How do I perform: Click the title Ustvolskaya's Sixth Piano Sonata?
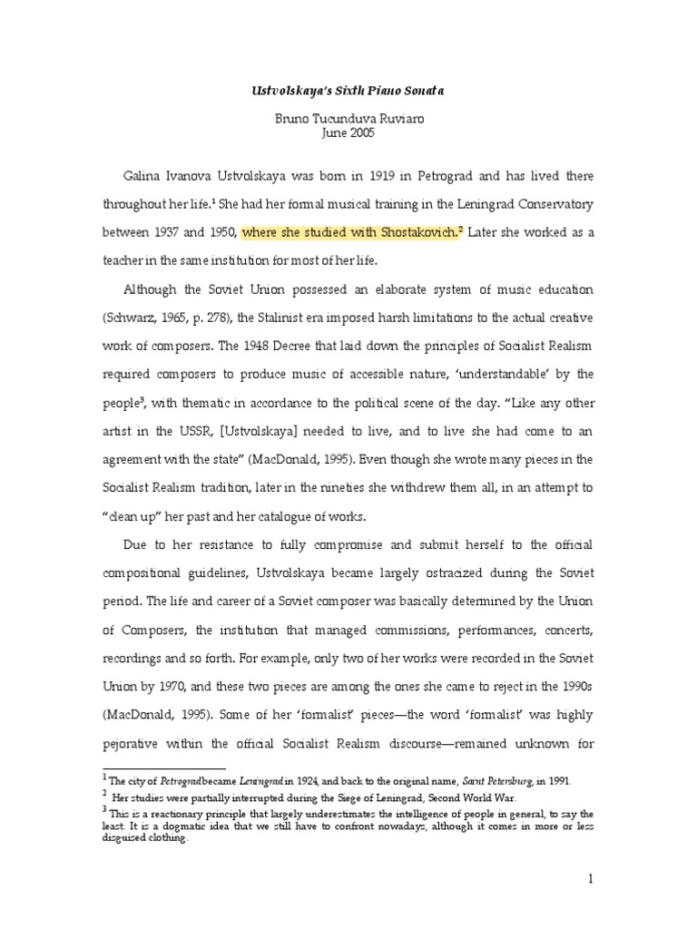tap(348, 92)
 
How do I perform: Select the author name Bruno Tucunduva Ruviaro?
tap(348, 118)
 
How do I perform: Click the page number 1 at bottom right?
tap(589, 878)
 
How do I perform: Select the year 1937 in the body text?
tap(170, 232)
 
